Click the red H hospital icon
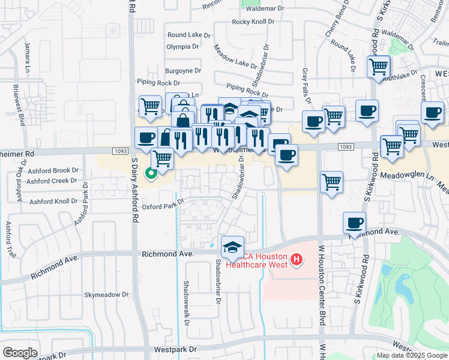(295, 260)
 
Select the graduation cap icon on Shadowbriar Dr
(232, 247)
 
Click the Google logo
(20, 353)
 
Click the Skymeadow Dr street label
(106, 295)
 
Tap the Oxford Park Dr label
(162, 206)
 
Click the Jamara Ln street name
(27, 55)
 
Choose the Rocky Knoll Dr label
(253, 22)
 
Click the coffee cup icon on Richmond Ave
(354, 223)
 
